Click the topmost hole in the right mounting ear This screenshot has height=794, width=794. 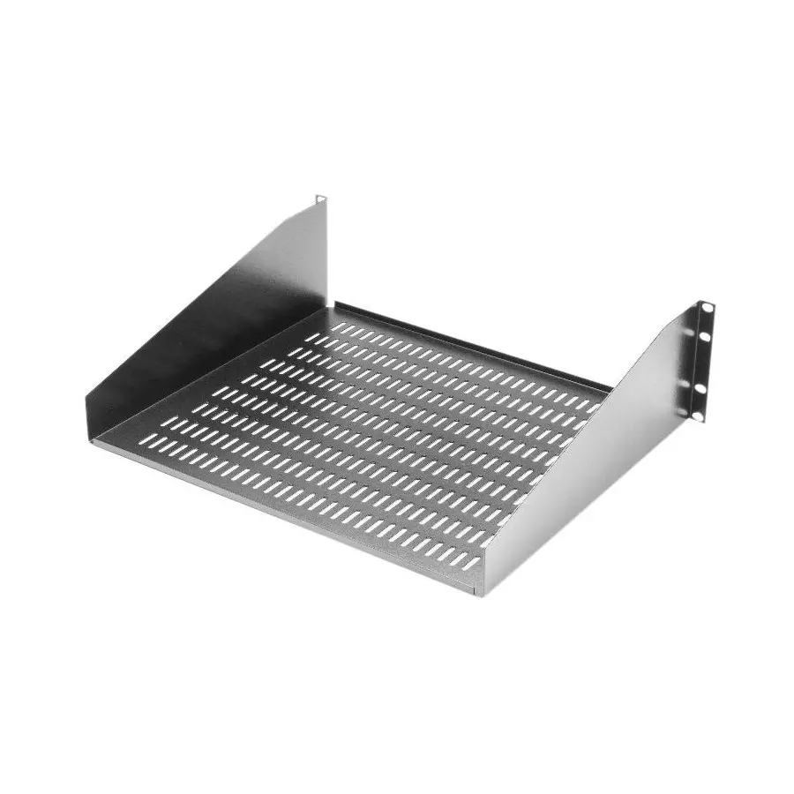(x=708, y=309)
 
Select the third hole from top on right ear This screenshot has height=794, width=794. (x=700, y=386)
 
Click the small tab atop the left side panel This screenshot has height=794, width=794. (x=321, y=199)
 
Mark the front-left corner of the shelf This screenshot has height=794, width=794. (x=88, y=432)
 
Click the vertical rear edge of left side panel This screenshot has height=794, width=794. (x=326, y=256)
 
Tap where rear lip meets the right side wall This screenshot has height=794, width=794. (x=609, y=388)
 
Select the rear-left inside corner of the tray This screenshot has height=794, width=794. (x=331, y=309)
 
